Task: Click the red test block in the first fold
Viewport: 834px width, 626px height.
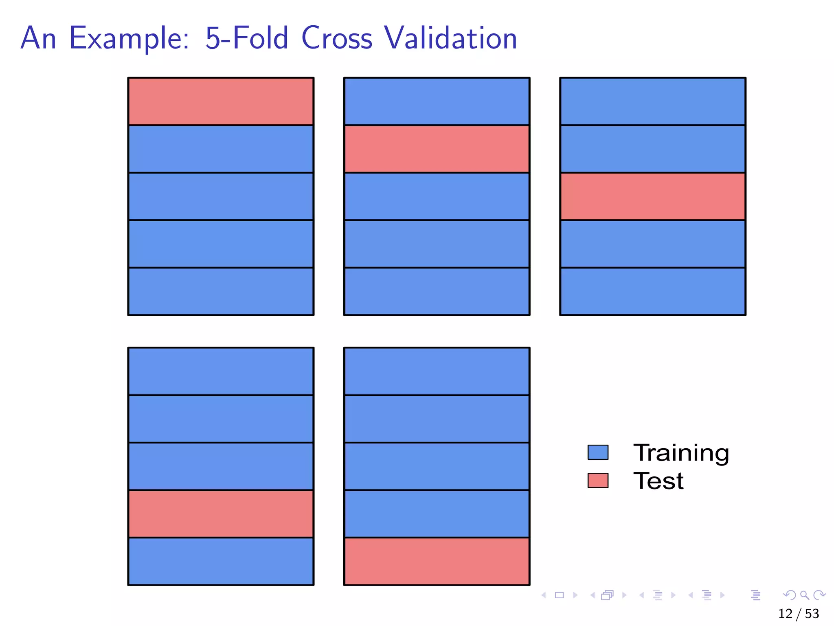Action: click(x=221, y=101)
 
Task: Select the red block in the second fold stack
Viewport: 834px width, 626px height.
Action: click(x=437, y=149)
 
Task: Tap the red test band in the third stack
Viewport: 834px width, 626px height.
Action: click(x=653, y=196)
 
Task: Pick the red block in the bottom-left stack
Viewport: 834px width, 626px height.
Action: click(x=221, y=514)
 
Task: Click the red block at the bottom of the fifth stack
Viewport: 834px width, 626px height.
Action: click(x=437, y=561)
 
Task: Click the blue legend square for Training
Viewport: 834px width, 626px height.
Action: click(x=598, y=452)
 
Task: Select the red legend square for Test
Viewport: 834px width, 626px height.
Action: click(x=598, y=480)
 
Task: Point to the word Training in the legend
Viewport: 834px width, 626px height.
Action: click(x=681, y=453)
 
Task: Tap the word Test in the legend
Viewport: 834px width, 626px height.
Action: click(x=658, y=481)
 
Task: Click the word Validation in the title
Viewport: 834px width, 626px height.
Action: click(x=450, y=38)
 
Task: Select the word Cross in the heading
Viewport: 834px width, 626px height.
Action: click(x=337, y=38)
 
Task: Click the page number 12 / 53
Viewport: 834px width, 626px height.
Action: click(x=798, y=613)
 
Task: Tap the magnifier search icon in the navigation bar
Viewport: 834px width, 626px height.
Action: click(x=804, y=595)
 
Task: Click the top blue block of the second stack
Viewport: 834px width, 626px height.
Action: click(x=437, y=101)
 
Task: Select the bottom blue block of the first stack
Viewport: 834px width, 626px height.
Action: click(x=221, y=291)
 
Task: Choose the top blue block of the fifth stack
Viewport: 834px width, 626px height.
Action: click(x=437, y=371)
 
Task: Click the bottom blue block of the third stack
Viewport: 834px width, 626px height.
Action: click(x=653, y=291)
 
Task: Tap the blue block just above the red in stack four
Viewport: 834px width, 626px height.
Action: click(x=221, y=466)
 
